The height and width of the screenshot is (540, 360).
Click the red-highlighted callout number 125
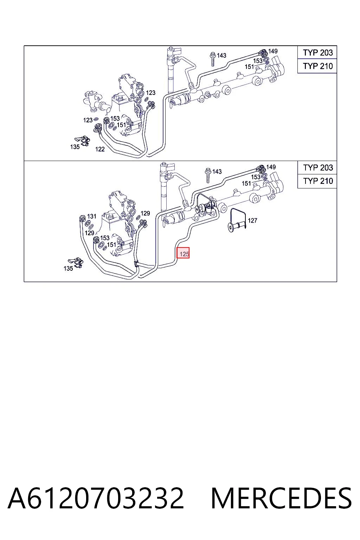tap(183, 253)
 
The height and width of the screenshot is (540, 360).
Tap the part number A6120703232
tap(96, 498)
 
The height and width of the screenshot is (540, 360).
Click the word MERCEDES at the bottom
tap(281, 498)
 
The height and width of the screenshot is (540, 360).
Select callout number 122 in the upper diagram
tap(100, 149)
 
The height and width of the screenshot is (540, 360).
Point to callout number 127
tap(252, 220)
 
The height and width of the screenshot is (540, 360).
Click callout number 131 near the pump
tap(92, 216)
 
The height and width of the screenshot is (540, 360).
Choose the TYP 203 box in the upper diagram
tap(317, 52)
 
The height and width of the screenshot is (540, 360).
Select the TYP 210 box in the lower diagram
tap(317, 181)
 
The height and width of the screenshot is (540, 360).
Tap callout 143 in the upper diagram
tap(221, 56)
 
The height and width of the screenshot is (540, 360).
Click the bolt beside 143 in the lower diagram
tap(208, 175)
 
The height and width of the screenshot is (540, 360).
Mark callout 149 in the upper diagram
tap(273, 51)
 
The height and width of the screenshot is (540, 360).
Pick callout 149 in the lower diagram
tap(271, 167)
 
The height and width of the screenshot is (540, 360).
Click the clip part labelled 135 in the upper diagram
tap(83, 141)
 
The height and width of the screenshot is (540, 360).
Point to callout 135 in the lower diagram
tap(68, 268)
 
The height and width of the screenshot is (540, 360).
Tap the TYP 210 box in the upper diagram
tap(317, 66)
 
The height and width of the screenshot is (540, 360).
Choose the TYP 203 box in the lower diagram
tap(317, 168)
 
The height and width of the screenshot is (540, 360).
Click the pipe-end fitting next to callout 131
tap(82, 219)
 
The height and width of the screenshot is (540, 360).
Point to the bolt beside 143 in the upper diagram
tap(213, 59)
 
